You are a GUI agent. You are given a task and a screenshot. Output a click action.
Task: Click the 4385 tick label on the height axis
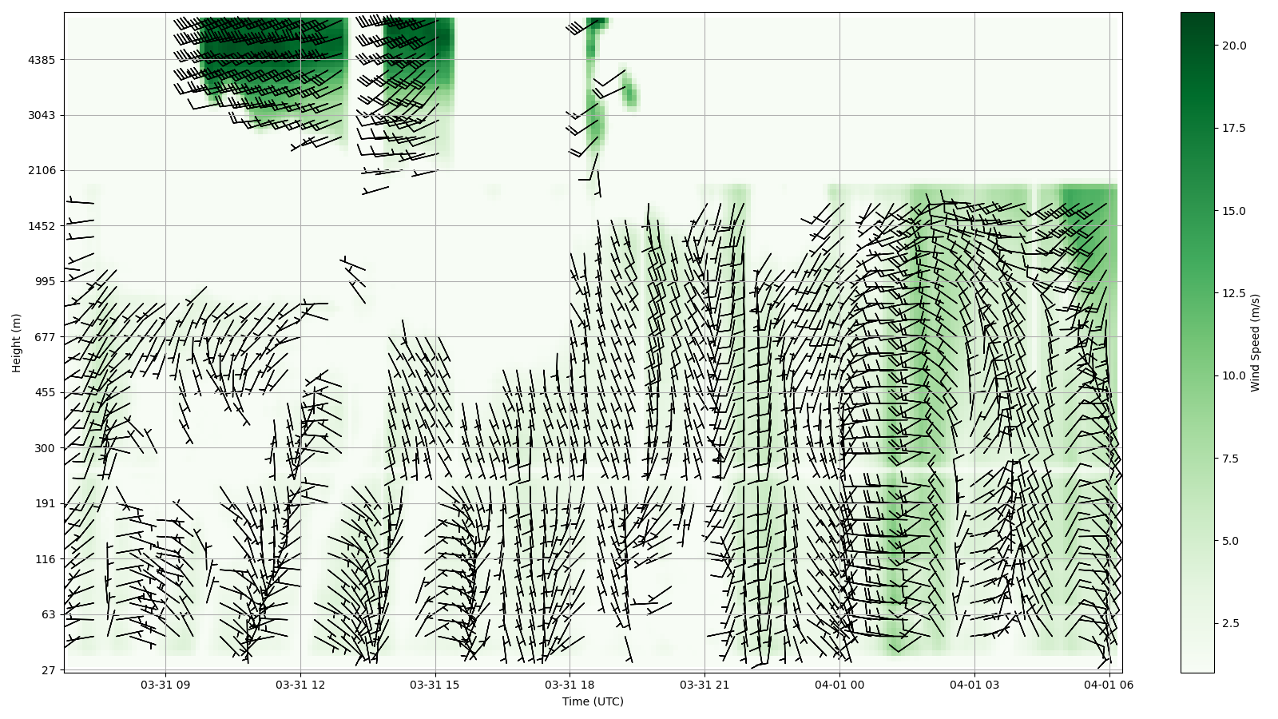coord(42,60)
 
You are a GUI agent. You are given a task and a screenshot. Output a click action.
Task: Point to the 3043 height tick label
coord(42,115)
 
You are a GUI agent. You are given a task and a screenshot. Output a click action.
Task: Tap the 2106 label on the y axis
coord(42,170)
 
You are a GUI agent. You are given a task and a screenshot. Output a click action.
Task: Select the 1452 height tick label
coord(42,226)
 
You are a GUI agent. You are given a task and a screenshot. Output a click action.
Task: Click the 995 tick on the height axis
coord(45,281)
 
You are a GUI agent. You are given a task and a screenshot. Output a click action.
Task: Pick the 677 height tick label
coord(45,337)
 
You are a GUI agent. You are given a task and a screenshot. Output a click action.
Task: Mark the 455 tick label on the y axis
coord(45,392)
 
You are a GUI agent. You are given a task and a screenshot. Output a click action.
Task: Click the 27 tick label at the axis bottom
coord(48,670)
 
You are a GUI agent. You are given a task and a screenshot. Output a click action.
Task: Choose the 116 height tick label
coord(45,559)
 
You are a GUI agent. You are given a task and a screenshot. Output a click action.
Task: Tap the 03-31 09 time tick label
coord(166,685)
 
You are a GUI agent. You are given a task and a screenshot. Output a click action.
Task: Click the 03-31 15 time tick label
coord(435,685)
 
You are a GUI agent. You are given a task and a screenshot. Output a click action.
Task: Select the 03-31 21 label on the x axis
coord(704,685)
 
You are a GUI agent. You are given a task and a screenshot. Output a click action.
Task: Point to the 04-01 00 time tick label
coord(839,685)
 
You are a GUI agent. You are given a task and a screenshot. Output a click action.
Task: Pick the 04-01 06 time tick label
coord(1109,685)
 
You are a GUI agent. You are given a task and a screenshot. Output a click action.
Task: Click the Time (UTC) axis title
coord(593,702)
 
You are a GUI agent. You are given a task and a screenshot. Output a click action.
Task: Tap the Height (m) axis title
coord(17,343)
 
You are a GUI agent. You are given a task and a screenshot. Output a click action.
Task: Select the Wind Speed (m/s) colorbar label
coord(1256,343)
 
